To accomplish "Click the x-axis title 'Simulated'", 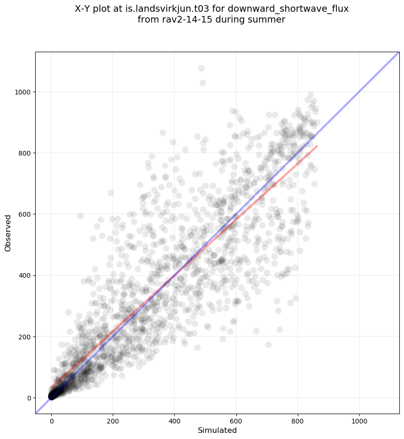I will (217, 431).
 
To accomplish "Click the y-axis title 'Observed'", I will (8, 233).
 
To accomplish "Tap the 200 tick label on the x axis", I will (113, 418).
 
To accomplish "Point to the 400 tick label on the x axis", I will (175, 418).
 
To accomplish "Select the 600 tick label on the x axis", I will (236, 418).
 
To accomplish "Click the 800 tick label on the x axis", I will (298, 418).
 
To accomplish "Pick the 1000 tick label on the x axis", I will (359, 418).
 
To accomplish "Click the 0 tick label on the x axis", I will (52, 418).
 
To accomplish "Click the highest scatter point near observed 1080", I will (201, 69).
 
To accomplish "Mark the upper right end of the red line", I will (317, 146).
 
